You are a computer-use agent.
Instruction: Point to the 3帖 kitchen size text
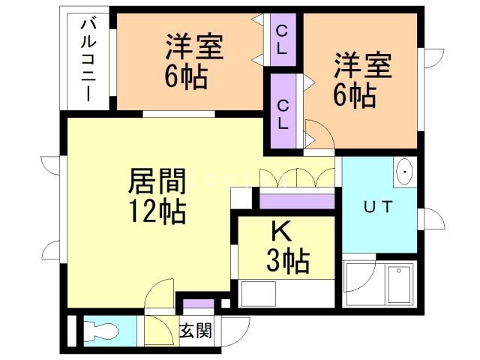pos(288,262)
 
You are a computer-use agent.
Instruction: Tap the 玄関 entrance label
pos(196,330)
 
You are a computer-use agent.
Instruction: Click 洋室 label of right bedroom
pos(363,66)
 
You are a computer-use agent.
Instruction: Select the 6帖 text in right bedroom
pos(356,95)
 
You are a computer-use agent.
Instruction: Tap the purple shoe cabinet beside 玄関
pos(198,304)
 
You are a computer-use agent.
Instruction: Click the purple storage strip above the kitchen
pos(297,199)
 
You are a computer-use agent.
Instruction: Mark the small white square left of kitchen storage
pos(241,198)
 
